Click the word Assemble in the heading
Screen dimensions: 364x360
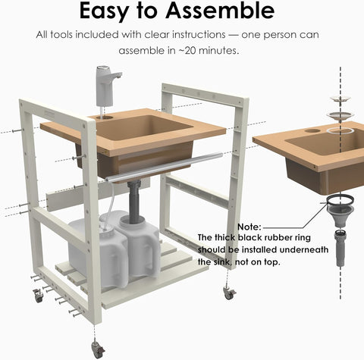(220, 11)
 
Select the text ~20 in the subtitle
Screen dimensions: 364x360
(187, 51)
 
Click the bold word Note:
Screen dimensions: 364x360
(249, 227)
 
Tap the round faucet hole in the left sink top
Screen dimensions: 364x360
(108, 117)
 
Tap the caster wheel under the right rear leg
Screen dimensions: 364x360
(230, 293)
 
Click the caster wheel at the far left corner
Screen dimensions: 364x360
(38, 296)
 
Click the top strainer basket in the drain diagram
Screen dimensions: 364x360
(340, 99)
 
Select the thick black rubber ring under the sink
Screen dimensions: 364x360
(340, 199)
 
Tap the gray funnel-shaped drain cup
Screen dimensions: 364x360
(340, 214)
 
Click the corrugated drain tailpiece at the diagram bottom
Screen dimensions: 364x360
(340, 248)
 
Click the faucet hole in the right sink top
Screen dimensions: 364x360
(313, 131)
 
